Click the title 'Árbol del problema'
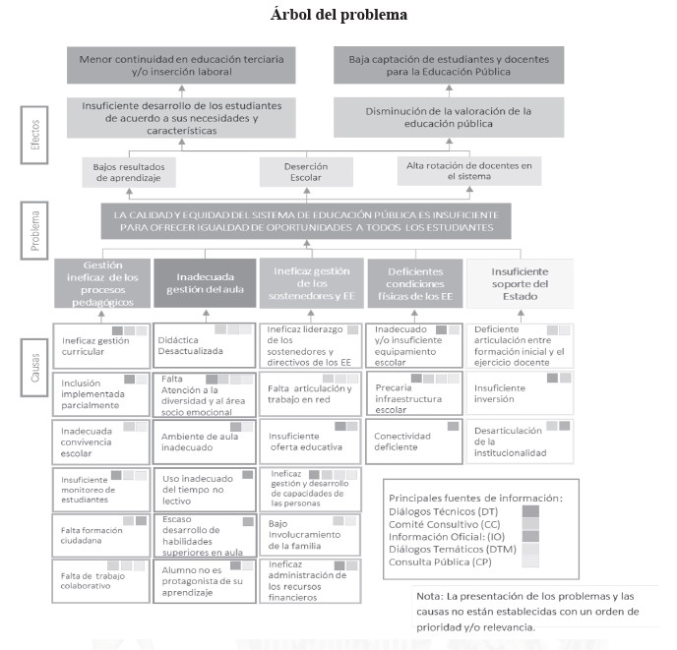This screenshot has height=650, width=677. [x=338, y=16]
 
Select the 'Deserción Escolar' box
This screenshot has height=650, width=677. [x=306, y=173]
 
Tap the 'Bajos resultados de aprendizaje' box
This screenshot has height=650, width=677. [x=130, y=173]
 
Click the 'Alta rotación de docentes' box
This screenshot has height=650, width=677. [x=469, y=173]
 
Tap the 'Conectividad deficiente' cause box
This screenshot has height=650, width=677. [x=414, y=439]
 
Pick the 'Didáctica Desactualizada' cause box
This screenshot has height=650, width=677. [x=205, y=343]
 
